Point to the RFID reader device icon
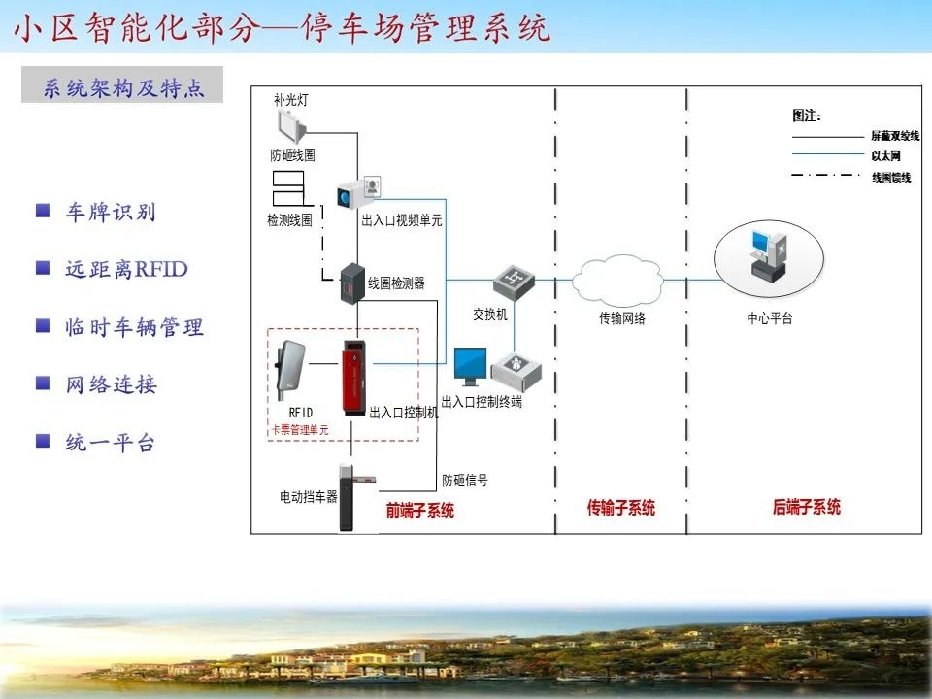coord(291,370)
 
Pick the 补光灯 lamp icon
coord(291,125)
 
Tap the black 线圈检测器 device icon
coord(349,283)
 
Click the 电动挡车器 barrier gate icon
coord(349,497)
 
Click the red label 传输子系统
coord(621,508)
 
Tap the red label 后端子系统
coord(806,507)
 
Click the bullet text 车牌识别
coord(110,213)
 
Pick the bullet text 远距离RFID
coord(126,270)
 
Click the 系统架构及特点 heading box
coord(122,85)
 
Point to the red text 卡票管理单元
coord(299,429)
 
